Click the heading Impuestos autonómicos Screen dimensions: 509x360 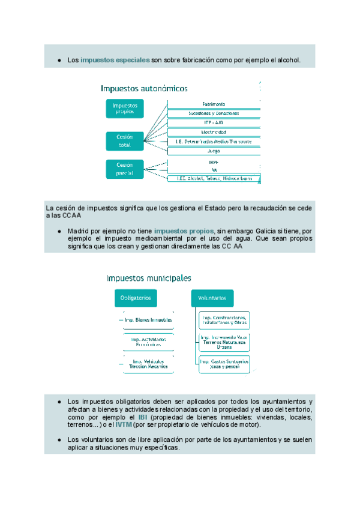pyautogui.click(x=144, y=88)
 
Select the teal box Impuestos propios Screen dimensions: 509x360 pyautogui.click(x=125, y=108)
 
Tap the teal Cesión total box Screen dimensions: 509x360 pyautogui.click(x=125, y=140)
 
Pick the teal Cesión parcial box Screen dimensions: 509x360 pyautogui.click(x=125, y=169)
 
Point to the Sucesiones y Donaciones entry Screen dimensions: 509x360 pyautogui.click(x=213, y=113)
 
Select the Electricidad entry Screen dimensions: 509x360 pyautogui.click(x=213, y=131)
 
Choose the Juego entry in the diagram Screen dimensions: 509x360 pyautogui.click(x=213, y=151)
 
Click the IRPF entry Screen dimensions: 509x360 pyautogui.click(x=213, y=162)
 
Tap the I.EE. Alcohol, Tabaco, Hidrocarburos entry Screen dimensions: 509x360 pyautogui.click(x=213, y=178)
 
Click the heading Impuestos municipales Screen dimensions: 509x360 pyautogui.click(x=149, y=278)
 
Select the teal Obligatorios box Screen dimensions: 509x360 pyautogui.click(x=136, y=298)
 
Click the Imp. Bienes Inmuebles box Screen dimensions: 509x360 pyautogui.click(x=148, y=320)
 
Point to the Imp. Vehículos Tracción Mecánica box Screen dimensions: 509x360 pyautogui.click(x=148, y=364)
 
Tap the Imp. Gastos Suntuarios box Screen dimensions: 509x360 pyautogui.click(x=224, y=364)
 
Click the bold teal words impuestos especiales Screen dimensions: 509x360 pyautogui.click(x=115, y=61)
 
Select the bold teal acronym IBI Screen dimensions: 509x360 pyautogui.click(x=142, y=417)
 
